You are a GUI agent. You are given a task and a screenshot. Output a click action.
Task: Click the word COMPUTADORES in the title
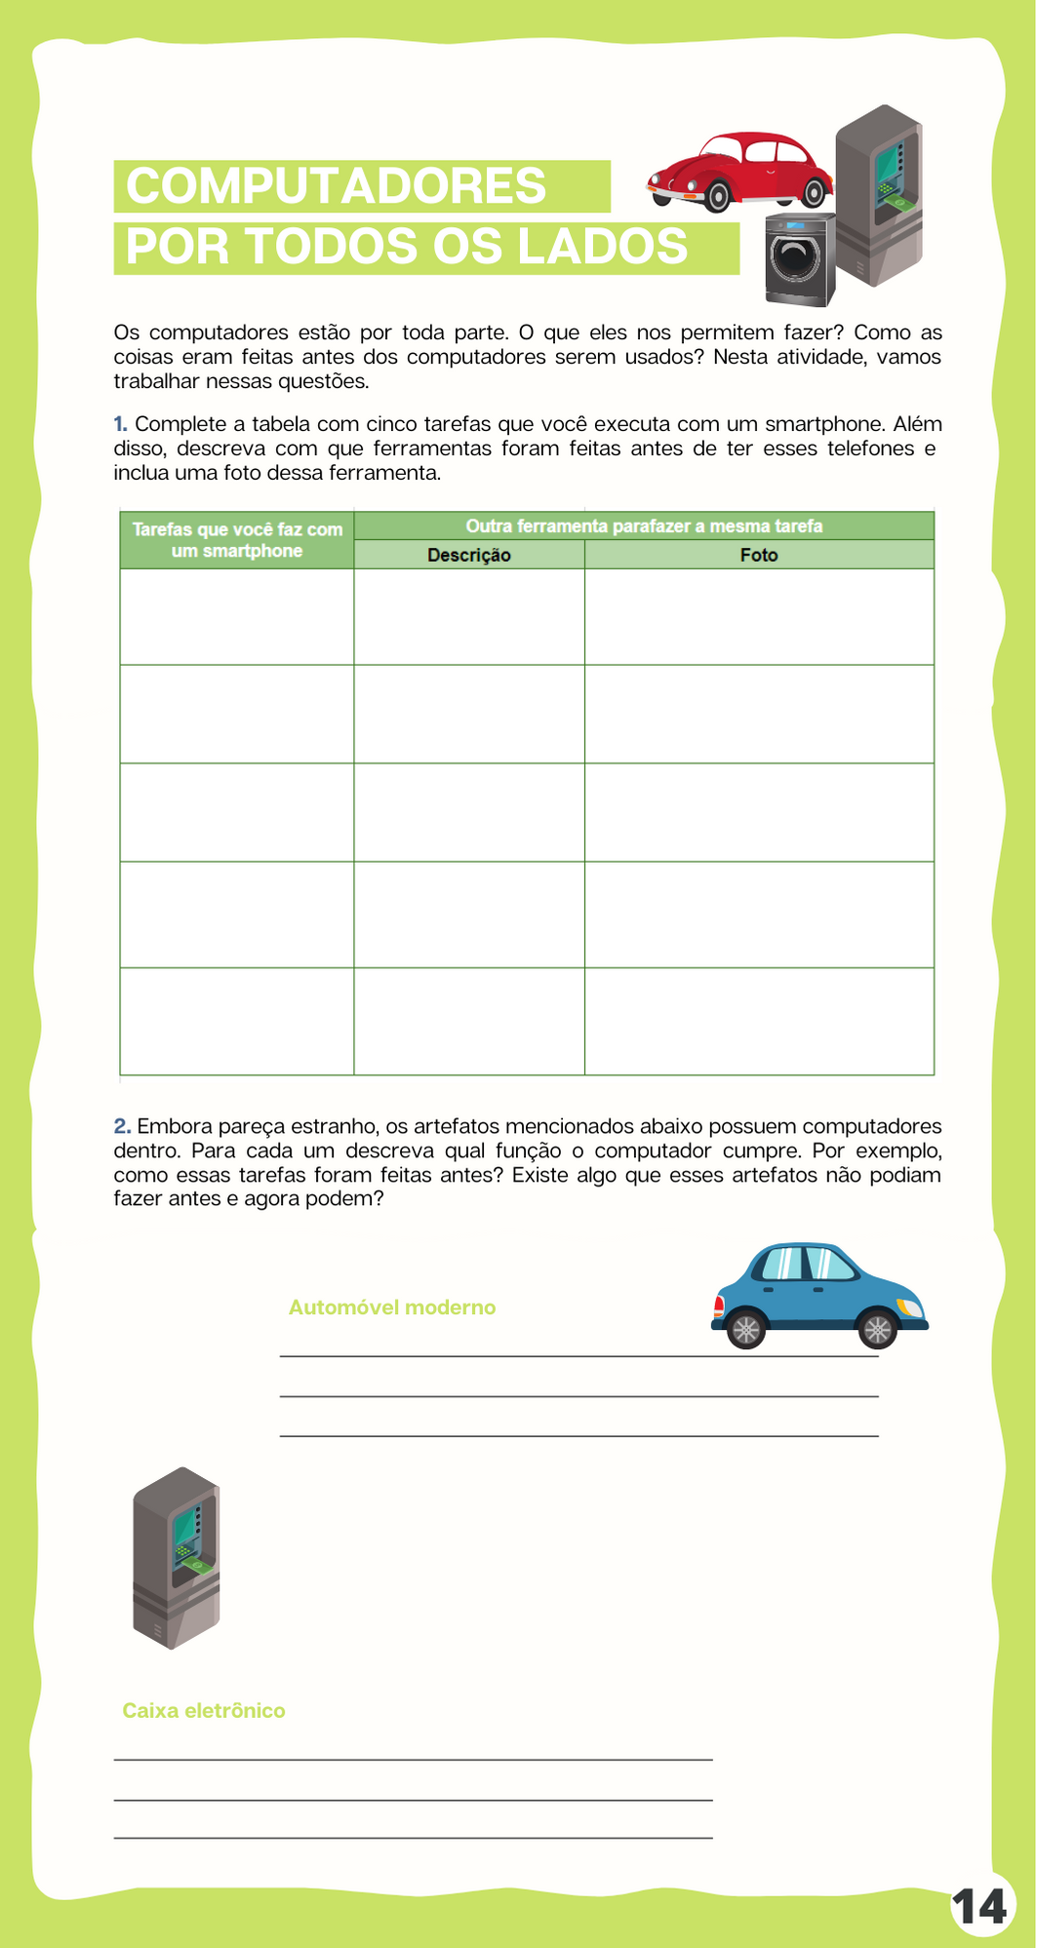[x=336, y=186]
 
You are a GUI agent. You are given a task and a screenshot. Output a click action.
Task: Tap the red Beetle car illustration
[x=738, y=171]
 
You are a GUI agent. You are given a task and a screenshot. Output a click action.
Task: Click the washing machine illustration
[x=800, y=259]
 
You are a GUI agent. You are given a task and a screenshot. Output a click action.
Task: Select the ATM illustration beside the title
[x=878, y=195]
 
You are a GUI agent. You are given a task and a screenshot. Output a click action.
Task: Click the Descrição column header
[x=468, y=555]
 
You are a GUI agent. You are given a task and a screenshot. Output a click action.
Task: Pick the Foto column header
[x=759, y=555]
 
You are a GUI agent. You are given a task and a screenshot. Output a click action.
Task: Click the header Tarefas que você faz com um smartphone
[x=237, y=540]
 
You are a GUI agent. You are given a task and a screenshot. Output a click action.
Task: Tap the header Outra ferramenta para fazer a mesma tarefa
[x=644, y=526]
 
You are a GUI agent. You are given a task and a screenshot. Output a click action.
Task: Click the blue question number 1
[x=120, y=424]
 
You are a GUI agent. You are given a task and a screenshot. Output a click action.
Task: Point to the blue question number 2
[x=122, y=1127]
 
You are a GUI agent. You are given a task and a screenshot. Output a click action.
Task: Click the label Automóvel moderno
[x=392, y=1307]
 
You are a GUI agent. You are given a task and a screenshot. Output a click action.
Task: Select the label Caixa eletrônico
[x=204, y=1710]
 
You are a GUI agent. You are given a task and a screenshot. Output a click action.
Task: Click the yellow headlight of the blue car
[x=910, y=1307]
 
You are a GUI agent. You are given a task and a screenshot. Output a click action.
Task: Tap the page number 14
[x=980, y=1907]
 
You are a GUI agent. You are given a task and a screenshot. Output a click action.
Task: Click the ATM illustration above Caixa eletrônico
[x=176, y=1557]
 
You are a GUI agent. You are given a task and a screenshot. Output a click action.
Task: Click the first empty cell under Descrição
[x=468, y=616]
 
